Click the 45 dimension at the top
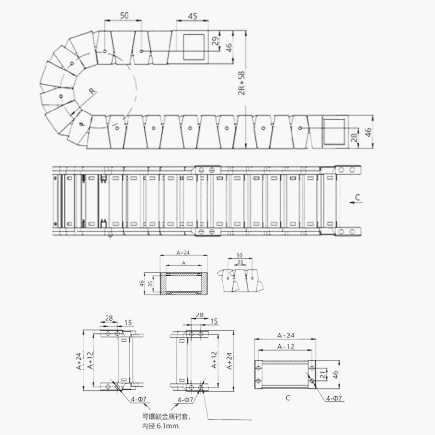[193, 16]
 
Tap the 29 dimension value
[215, 41]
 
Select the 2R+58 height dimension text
[241, 83]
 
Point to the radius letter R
[92, 90]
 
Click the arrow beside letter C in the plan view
[356, 203]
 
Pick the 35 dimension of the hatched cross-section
[150, 284]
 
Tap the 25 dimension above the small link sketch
[240, 262]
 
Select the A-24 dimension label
[286, 335]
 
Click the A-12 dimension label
[286, 347]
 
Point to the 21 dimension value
[323, 375]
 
